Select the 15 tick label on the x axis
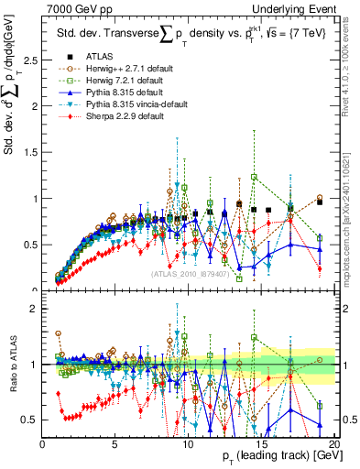pyautogui.click(x=261, y=443)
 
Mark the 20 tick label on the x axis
pyautogui.click(x=333, y=443)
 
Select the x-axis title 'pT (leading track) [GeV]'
pyautogui.click(x=275, y=457)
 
